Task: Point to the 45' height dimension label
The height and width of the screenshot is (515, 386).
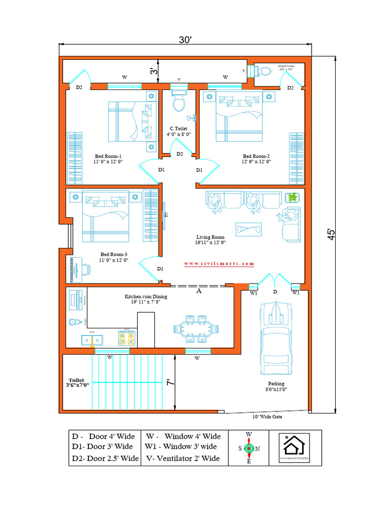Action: [331, 235]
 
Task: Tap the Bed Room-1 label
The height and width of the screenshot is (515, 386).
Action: [108, 159]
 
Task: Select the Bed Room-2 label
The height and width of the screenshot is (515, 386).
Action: [257, 159]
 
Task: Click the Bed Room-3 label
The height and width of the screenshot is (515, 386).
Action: [114, 257]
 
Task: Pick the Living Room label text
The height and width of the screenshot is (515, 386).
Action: [211, 239]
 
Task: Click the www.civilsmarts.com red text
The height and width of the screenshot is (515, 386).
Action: [219, 264]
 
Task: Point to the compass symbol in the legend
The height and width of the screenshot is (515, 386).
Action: [248, 448]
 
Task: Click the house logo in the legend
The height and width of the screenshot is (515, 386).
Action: [295, 447]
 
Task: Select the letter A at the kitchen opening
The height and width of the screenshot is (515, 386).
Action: [199, 291]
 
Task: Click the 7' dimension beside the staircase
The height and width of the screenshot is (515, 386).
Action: [170, 382]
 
